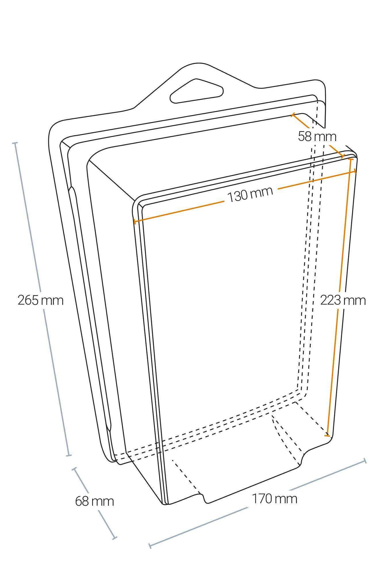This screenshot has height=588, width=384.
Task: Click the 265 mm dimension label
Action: tap(41, 300)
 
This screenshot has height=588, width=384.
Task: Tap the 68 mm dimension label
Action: tap(95, 501)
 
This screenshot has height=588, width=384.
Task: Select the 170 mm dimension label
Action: tap(274, 499)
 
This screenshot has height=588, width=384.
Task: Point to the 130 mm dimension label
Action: tap(250, 194)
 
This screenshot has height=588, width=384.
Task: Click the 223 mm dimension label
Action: tap(343, 300)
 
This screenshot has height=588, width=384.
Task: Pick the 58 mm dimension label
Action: tap(317, 136)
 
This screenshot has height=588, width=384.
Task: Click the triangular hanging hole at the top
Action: tap(197, 91)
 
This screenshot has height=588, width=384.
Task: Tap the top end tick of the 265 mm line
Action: tap(15, 143)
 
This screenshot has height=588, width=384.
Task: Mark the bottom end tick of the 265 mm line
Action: tap(69, 455)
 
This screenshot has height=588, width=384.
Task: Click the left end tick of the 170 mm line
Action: tap(150, 546)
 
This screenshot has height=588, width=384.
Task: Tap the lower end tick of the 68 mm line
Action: tap(115, 537)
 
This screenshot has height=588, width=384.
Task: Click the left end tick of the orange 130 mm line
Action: tap(134, 221)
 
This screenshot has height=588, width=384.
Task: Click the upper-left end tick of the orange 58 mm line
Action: tap(293, 115)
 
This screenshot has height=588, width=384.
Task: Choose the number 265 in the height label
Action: tap(28, 300)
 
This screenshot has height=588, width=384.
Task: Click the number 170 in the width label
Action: tap(262, 499)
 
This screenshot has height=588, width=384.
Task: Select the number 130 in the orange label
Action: tap(237, 197)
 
